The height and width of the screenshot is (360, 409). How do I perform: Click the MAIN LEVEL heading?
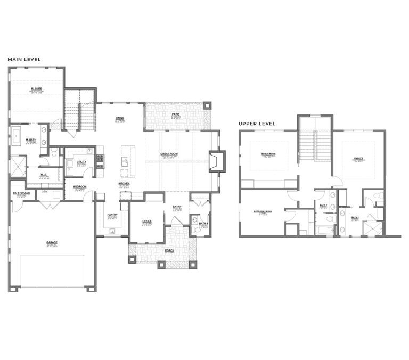tap(24, 60)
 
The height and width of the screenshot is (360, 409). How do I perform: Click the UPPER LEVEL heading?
tap(257, 124)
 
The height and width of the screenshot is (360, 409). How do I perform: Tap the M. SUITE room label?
tap(37, 88)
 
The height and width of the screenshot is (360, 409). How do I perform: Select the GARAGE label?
tap(52, 242)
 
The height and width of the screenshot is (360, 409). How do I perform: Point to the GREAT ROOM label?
tap(169, 154)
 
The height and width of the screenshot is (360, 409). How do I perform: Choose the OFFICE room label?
tap(146, 221)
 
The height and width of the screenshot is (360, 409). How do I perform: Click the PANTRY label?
tap(112, 215)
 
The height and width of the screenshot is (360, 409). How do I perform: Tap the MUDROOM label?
tap(80, 186)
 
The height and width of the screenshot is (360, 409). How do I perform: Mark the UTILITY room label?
tap(81, 162)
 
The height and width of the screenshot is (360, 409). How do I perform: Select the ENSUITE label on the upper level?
tap(358, 158)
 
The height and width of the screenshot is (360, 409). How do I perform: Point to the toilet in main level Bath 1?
tap(195, 220)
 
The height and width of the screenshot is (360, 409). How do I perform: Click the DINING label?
tap(120, 119)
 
